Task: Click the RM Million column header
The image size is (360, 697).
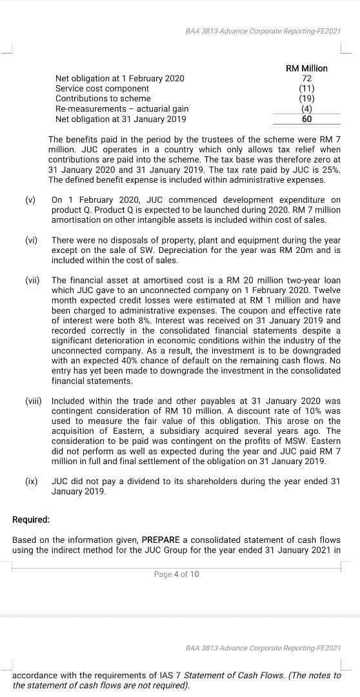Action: tap(306, 68)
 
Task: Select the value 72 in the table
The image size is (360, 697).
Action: tap(306, 78)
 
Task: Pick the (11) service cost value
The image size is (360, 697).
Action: tap(306, 88)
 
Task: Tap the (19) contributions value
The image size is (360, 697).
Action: tap(306, 99)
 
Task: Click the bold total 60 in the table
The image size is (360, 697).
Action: tap(306, 119)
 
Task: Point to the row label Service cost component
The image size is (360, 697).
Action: tap(102, 88)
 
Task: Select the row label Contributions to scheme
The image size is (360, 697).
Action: tap(103, 99)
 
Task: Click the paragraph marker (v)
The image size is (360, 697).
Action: tap(30, 200)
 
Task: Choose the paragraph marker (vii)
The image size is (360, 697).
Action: tap(32, 280)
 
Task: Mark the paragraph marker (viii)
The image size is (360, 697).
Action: tap(34, 401)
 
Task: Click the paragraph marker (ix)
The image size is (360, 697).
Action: tap(31, 481)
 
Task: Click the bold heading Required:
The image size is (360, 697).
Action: tap(31, 520)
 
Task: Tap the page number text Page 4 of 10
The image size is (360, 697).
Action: tap(177, 574)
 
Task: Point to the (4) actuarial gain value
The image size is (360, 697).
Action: tap(306, 109)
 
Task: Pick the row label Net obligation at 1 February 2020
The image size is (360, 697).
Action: tap(119, 78)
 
